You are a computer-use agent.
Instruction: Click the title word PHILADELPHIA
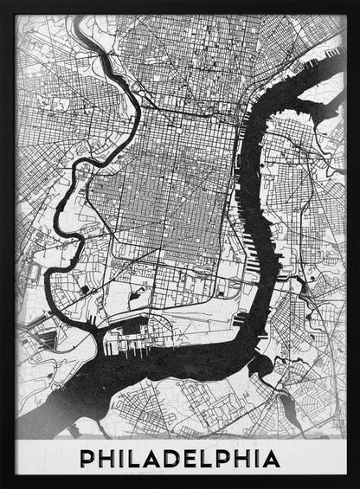click(x=179, y=457)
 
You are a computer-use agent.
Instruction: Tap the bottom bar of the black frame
click(x=180, y=484)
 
